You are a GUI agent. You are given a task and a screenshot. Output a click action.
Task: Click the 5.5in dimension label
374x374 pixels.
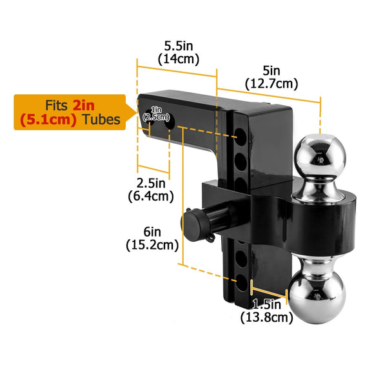tap(178, 46)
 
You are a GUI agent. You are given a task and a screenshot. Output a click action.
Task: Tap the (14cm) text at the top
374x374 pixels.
tap(178, 59)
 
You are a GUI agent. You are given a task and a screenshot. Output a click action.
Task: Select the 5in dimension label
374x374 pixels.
tap(271, 71)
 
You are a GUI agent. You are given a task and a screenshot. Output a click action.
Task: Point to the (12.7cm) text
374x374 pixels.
tap(271, 83)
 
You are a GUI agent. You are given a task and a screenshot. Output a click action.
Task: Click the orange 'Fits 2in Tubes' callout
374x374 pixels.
tap(68, 112)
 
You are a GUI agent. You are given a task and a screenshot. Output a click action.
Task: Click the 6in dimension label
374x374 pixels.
tap(152, 231)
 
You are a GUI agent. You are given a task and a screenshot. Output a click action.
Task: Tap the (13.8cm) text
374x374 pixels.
tap(266, 317)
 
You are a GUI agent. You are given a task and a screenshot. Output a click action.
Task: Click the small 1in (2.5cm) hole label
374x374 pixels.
tap(155, 113)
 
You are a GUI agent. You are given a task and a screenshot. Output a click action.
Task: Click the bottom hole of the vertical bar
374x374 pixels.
tap(240, 282)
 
